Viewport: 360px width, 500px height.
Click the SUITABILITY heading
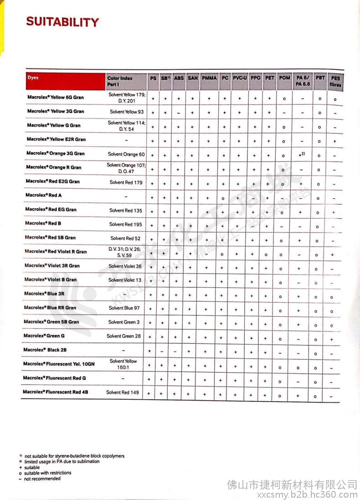62,22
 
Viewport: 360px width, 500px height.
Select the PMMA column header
209,78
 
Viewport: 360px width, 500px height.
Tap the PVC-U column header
240,78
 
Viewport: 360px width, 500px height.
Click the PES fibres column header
335,81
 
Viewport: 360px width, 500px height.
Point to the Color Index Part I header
120,81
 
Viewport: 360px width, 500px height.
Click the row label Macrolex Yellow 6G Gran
55,98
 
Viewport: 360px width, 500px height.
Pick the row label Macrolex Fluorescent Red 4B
56,392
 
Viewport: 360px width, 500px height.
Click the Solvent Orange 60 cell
126,155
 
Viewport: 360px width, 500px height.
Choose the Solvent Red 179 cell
126,182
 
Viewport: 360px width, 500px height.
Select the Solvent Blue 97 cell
124,308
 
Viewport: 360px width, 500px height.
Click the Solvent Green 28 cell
124,336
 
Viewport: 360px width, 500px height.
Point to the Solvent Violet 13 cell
125,280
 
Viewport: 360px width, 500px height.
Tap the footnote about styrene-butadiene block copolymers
74,456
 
